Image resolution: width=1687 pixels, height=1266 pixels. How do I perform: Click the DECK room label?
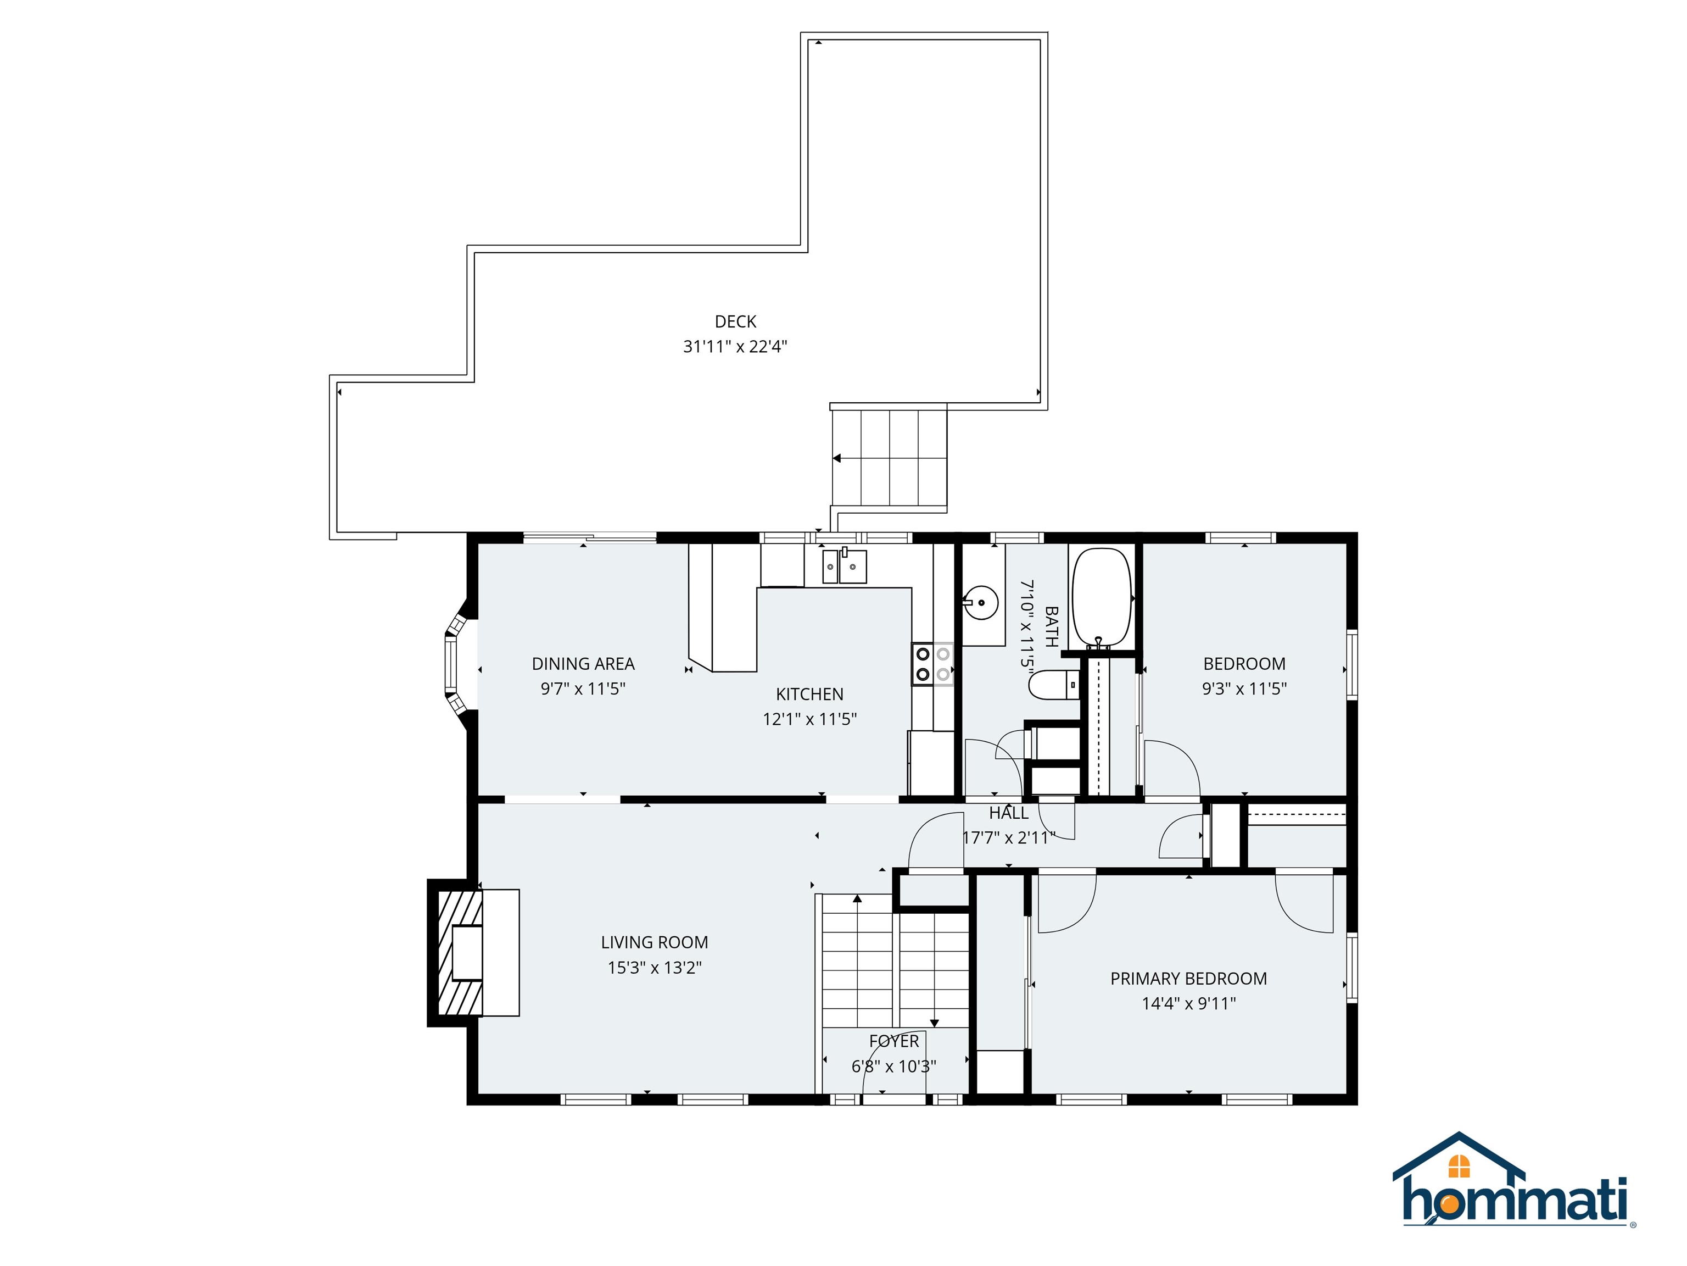click(735, 321)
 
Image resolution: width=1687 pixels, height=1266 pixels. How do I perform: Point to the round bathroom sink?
click(981, 603)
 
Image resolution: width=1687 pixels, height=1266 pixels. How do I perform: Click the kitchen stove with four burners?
click(932, 664)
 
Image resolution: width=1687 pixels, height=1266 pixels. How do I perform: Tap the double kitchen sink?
click(844, 566)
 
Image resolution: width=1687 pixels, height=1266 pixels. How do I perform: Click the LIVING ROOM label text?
click(655, 942)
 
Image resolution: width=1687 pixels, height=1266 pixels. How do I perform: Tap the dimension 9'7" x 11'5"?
click(583, 689)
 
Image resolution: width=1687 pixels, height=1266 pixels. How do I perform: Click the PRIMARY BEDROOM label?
click(1188, 978)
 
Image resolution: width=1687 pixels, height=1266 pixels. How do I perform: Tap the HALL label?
click(1008, 813)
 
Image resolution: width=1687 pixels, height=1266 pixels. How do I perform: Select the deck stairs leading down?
click(889, 458)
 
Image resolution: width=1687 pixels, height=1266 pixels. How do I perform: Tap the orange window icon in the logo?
click(1459, 1166)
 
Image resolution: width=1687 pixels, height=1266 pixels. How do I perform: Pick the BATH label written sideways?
click(1051, 626)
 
